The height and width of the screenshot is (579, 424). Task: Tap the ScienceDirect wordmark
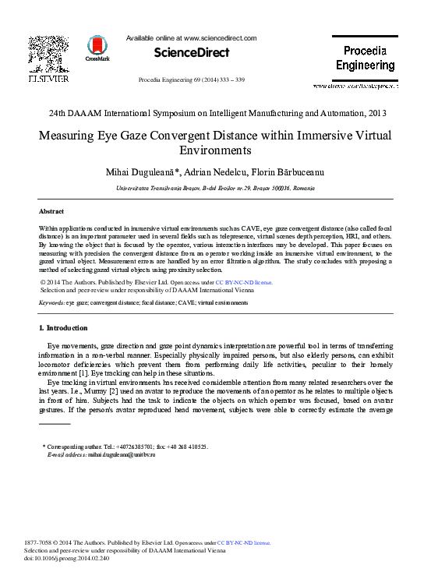click(x=191, y=53)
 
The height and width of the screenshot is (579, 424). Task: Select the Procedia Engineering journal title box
click(x=365, y=58)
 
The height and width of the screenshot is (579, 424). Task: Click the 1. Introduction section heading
click(x=63, y=327)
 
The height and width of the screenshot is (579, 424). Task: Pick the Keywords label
click(x=51, y=302)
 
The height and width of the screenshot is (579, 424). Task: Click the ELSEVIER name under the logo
click(x=48, y=79)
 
